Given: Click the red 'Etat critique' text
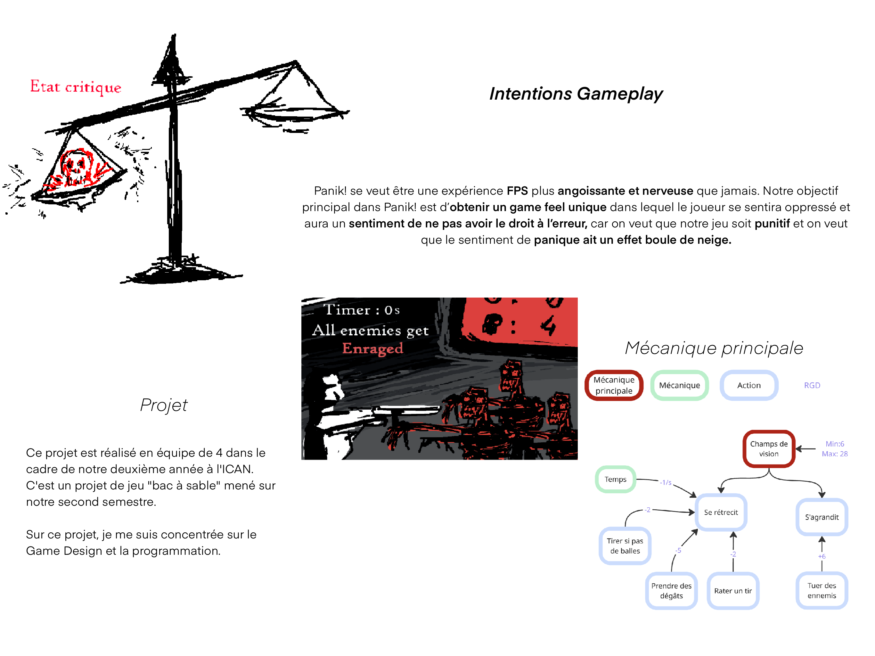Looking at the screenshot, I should [76, 87].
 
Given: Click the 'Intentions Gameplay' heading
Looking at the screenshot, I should [576, 94].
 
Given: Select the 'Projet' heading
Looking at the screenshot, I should [164, 405].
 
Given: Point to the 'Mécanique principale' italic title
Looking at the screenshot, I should [714, 348].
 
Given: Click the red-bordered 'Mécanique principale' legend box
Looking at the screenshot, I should [614, 385].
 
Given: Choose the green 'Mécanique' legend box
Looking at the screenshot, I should [679, 385].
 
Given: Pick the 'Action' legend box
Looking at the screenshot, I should [748, 385].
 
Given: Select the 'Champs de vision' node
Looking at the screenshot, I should [769, 449].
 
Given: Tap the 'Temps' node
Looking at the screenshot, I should [615, 479].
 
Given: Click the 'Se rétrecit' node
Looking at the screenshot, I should [721, 512].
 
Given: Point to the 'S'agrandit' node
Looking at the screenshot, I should [822, 517].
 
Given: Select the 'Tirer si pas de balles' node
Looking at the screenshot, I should [625, 546].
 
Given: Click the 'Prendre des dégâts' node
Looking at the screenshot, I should [671, 591].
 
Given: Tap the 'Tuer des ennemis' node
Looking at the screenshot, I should [822, 590].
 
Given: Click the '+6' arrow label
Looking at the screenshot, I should [822, 556].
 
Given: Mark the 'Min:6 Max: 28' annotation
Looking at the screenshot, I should [835, 449].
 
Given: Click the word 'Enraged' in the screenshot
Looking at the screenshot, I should [372, 348].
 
